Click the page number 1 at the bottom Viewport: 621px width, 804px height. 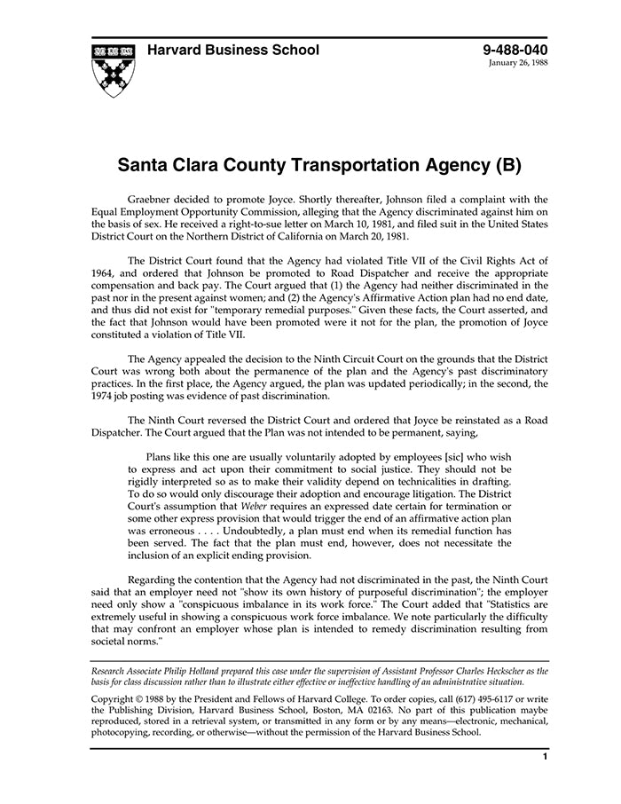(544, 757)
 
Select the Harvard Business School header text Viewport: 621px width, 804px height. (233, 51)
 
